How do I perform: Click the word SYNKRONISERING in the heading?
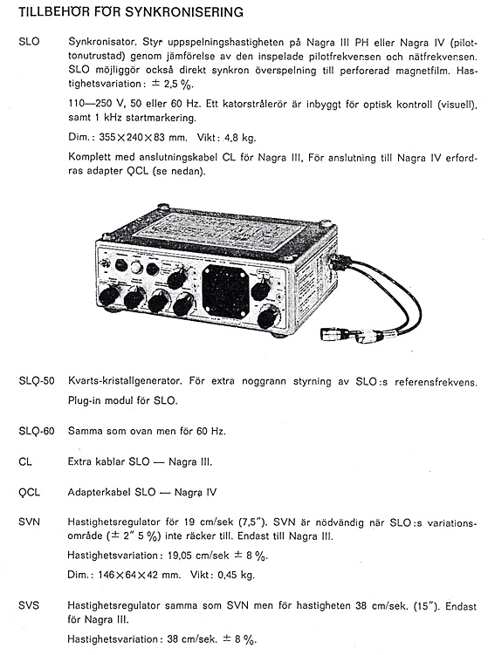pyautogui.click(x=184, y=12)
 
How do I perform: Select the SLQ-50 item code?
pyautogui.click(x=37, y=381)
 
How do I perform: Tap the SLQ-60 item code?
pyautogui.click(x=37, y=431)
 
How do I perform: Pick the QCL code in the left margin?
pyautogui.click(x=30, y=492)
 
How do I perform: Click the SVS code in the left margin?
pyautogui.click(x=29, y=605)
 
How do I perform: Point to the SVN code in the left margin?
pyautogui.click(x=30, y=522)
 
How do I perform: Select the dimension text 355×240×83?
pyautogui.click(x=133, y=137)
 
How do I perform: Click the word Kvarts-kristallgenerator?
pyautogui.click(x=125, y=381)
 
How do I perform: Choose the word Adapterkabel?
pyautogui.click(x=99, y=493)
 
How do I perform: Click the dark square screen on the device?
pyautogui.click(x=225, y=290)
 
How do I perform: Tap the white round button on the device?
pyautogui.click(x=136, y=268)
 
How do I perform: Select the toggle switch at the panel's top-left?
pyautogui.click(x=106, y=264)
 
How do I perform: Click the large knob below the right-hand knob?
pyautogui.click(x=268, y=317)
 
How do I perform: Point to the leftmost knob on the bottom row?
pyautogui.click(x=109, y=297)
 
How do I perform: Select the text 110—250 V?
pyautogui.click(x=91, y=104)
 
